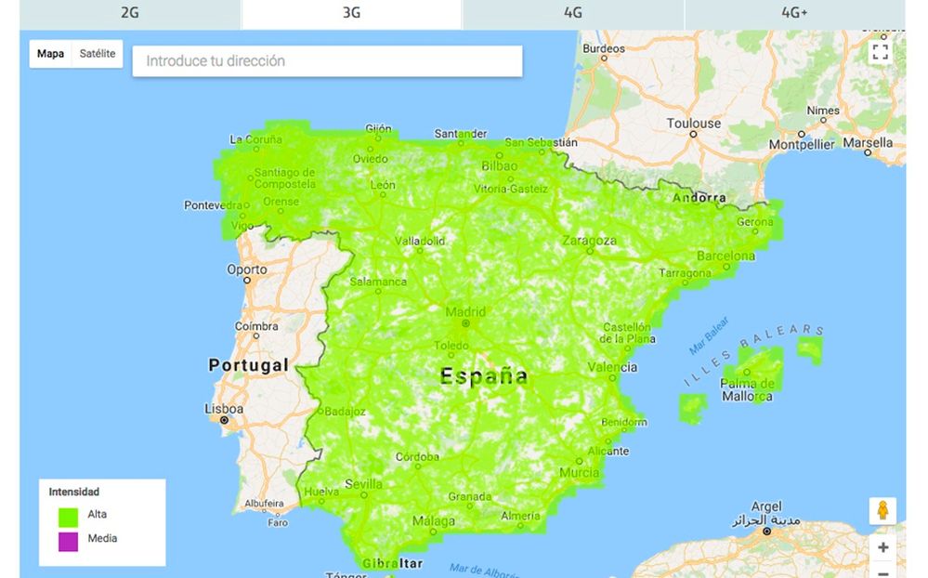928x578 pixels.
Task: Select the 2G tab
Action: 130,13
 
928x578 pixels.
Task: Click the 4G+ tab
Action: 794,13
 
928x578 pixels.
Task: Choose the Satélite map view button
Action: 98,54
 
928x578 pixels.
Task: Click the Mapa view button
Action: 51,54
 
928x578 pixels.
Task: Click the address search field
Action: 327,61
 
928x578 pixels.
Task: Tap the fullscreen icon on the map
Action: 880,52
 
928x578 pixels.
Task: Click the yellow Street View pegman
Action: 882,510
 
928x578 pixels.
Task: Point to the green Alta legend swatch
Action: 68,514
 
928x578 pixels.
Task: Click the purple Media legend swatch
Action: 68,539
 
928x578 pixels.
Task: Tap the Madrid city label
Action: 465,312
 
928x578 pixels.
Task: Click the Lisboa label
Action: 224,409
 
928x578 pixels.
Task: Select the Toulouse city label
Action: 693,123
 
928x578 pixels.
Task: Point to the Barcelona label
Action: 725,256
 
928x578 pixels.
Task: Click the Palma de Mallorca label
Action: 747,390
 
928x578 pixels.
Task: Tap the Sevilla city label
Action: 363,484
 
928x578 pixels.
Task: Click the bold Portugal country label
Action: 249,365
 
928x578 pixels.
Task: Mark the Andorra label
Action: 699,197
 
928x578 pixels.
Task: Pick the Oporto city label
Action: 246,270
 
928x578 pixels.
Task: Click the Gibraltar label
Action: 391,564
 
